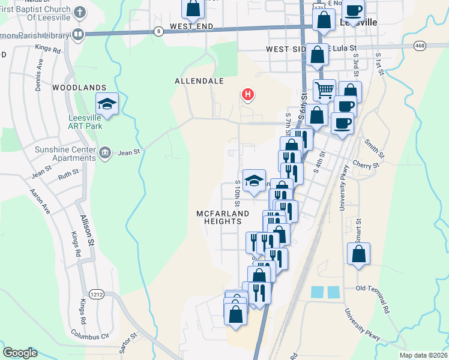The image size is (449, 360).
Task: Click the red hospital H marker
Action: (247, 94)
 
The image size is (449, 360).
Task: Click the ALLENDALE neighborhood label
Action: (199, 80)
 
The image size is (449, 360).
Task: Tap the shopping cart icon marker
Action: (324, 90)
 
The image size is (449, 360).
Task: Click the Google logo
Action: (20, 353)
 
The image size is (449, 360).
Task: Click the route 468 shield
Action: (420, 45)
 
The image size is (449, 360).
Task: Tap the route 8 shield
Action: (158, 31)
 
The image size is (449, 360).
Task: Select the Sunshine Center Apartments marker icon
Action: (105, 152)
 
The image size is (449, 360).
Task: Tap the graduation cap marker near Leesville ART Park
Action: (107, 104)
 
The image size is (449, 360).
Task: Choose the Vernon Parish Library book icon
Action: (77, 34)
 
